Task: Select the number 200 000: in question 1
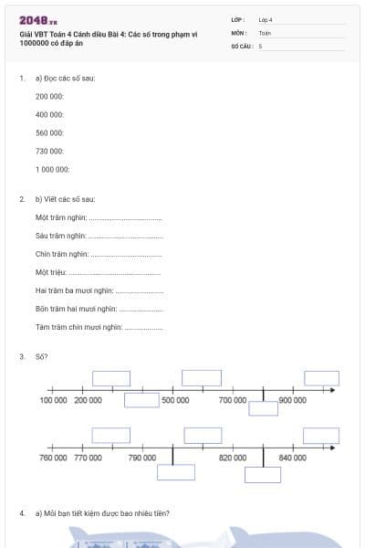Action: [49, 96]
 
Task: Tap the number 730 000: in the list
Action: [49, 151]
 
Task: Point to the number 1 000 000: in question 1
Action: [52, 169]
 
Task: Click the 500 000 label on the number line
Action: [175, 400]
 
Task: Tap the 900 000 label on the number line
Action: [292, 400]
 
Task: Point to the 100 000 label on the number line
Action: [54, 400]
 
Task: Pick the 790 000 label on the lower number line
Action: [142, 457]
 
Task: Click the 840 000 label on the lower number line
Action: [292, 457]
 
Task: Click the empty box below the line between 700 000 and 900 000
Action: [263, 408]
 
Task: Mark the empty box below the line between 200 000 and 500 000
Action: [141, 399]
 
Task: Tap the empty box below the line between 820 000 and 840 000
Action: [263, 474]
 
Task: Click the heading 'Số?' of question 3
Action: [41, 356]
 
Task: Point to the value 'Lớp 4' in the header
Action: [266, 19]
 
